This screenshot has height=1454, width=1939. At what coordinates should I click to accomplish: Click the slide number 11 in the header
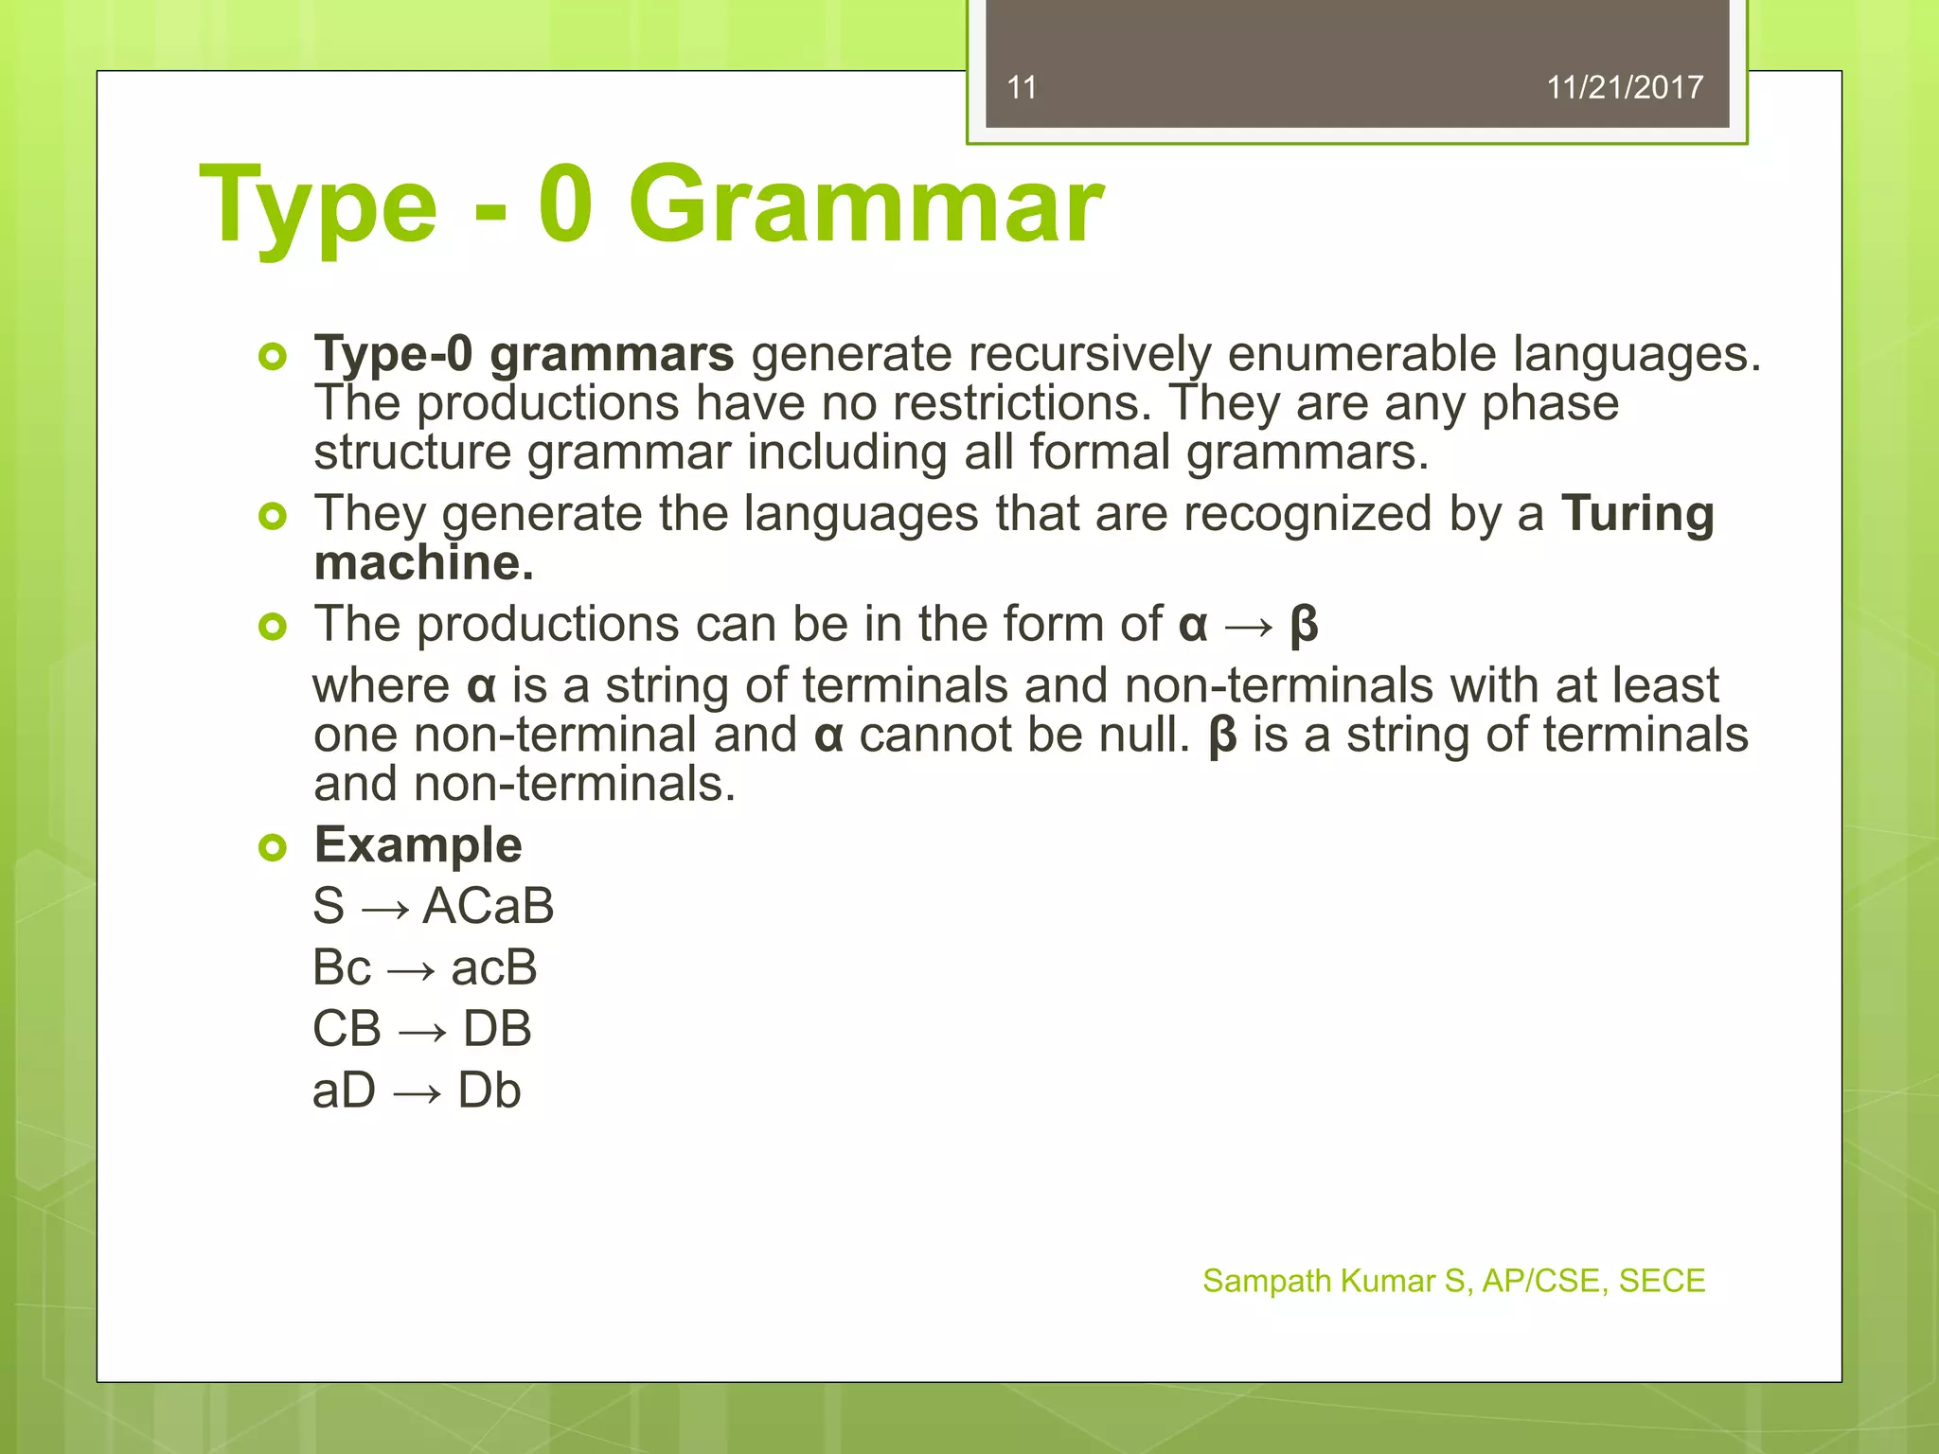point(1022,88)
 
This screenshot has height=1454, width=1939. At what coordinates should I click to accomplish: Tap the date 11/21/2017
point(1624,88)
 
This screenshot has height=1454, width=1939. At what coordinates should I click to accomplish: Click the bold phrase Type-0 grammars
point(524,354)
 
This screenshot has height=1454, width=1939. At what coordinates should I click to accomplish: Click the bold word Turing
point(1637,514)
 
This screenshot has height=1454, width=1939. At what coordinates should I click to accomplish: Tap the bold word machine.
point(423,563)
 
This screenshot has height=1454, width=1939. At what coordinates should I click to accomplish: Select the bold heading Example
point(418,844)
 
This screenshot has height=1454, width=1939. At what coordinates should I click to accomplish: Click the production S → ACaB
point(433,906)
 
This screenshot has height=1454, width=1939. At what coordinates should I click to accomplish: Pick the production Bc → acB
point(424,967)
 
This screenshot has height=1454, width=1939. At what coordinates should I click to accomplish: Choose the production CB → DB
point(421,1029)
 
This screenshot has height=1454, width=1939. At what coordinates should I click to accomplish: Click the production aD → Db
point(417,1090)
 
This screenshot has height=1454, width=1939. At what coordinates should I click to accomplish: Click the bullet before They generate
point(273,516)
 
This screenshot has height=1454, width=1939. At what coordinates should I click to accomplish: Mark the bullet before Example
point(273,847)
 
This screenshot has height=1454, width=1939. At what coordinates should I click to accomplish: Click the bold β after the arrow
point(1304,625)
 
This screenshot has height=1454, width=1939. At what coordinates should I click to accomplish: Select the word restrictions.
point(1022,403)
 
